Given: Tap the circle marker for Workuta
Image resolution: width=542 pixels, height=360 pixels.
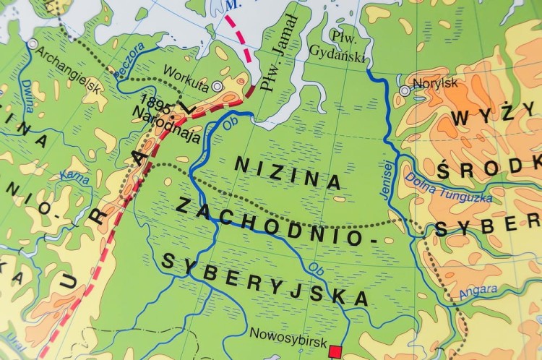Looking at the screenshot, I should click(218, 86).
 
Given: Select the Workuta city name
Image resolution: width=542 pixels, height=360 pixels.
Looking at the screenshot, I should click(186, 73).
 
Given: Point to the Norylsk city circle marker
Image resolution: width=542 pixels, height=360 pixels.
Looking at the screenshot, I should click(404, 91).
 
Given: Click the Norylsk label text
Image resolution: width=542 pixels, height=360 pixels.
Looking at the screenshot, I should click(435, 83).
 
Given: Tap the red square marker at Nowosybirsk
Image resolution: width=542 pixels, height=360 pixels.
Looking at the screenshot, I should click(335, 352).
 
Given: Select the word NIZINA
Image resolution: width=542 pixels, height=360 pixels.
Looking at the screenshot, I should click(287, 172).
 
